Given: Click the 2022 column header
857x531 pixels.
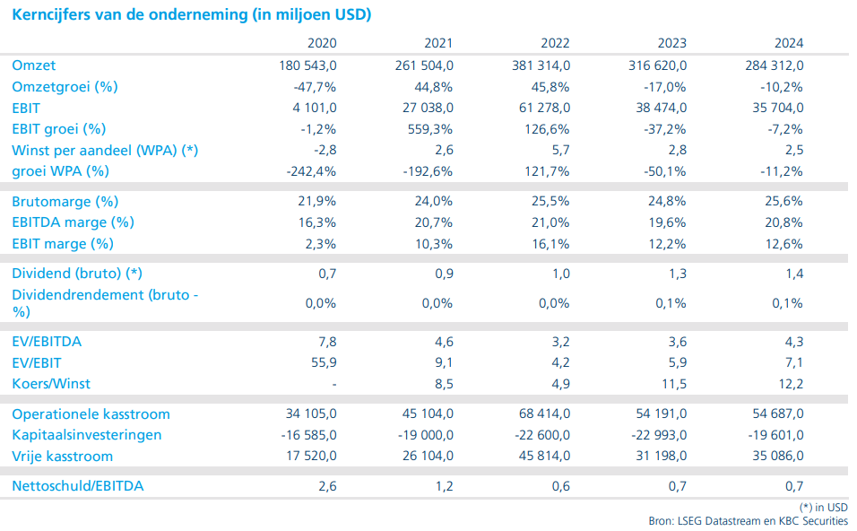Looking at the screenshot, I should pyautogui.click(x=555, y=43).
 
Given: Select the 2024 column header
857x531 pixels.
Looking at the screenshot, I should pyautogui.click(x=789, y=43).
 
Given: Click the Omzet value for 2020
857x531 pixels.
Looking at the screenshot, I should pyautogui.click(x=307, y=65).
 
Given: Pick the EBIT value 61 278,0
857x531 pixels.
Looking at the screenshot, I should pyautogui.click(x=541, y=108).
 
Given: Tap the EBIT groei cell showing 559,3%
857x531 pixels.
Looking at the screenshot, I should pyautogui.click(x=429, y=128).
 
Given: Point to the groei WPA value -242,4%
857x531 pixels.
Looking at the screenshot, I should pyautogui.click(x=314, y=170).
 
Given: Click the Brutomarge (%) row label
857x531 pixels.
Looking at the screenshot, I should pyautogui.click(x=65, y=202).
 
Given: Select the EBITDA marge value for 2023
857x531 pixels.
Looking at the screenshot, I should pyautogui.click(x=667, y=222).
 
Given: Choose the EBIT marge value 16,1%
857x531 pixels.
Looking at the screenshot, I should pyautogui.click(x=551, y=244).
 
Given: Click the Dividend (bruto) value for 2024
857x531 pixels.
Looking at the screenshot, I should pyautogui.click(x=793, y=274).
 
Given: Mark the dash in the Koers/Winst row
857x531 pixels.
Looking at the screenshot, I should pyautogui.click(x=333, y=384).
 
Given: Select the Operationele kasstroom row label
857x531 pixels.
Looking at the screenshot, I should pyautogui.click(x=91, y=414).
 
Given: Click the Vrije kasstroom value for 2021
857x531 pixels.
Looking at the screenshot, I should pyautogui.click(x=424, y=457).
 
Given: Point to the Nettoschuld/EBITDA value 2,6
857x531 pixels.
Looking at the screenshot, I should pyautogui.click(x=326, y=486).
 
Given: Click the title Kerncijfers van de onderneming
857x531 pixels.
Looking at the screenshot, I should pyautogui.click(x=192, y=15).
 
